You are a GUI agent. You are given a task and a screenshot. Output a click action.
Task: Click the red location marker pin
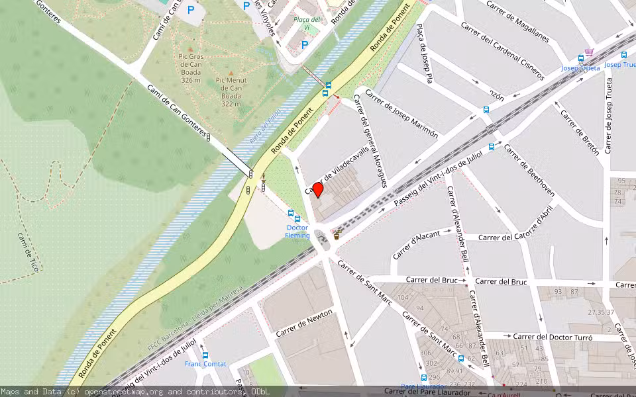click(x=317, y=190)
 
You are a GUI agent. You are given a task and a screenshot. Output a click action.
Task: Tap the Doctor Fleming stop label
click(x=297, y=232)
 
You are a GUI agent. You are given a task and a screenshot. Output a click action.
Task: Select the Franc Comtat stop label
click(x=205, y=364)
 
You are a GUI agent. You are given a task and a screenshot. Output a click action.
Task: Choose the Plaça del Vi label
click(x=307, y=23)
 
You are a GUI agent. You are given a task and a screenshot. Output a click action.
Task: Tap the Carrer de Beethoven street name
click(x=529, y=171)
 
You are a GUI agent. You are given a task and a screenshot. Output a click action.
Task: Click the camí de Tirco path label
click(x=30, y=252)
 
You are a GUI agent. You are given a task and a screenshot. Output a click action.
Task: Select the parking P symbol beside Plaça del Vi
click(x=304, y=44)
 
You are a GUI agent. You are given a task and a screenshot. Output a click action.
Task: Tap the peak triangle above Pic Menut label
click(x=231, y=73)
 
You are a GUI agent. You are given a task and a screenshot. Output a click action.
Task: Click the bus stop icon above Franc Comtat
click(x=205, y=355)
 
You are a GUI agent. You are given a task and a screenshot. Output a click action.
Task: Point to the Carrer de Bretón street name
click(x=580, y=132)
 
